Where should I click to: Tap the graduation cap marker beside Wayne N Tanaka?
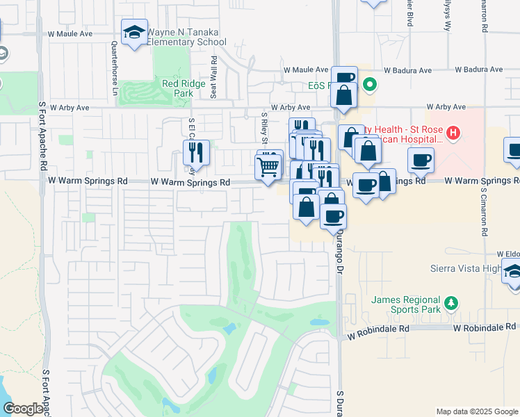[x=134, y=32]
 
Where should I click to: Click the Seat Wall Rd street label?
[x=214, y=77]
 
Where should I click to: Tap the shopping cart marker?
[x=268, y=167]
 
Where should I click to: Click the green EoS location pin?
[x=371, y=86]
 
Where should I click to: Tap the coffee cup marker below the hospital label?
[x=421, y=161]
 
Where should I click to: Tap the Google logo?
[x=23, y=409]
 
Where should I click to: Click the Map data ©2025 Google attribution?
[x=476, y=411]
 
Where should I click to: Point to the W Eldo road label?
[x=508, y=254]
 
